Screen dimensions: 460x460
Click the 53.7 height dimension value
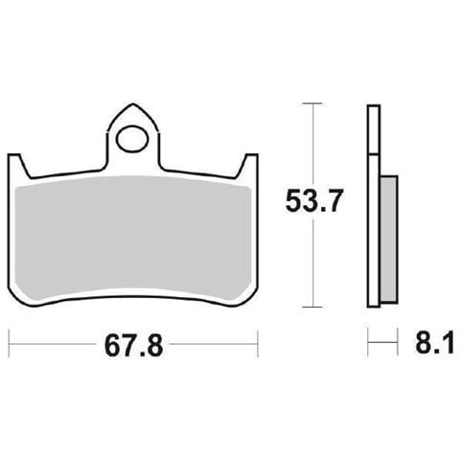(x=313, y=200)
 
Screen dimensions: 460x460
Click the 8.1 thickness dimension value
(x=435, y=342)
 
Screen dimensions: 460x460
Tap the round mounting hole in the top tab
(x=132, y=139)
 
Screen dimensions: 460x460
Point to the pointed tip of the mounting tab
(x=132, y=103)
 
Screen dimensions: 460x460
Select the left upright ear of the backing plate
(x=17, y=166)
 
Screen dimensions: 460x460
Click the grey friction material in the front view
(x=132, y=238)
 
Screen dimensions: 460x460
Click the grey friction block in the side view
(x=389, y=239)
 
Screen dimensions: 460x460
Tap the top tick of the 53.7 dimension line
(x=312, y=103)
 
